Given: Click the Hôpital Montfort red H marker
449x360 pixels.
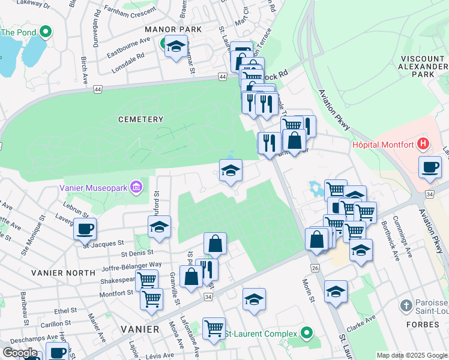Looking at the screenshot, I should [424, 144].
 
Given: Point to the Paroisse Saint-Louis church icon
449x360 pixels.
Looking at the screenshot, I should [408, 305].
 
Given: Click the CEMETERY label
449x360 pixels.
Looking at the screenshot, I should [140, 119].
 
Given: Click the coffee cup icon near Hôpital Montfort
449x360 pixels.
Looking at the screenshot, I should [430, 167].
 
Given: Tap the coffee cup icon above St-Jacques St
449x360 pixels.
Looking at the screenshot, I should [85, 229].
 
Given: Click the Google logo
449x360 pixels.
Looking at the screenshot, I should [20, 353].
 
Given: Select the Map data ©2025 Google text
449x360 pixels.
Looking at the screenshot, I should [412, 355].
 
